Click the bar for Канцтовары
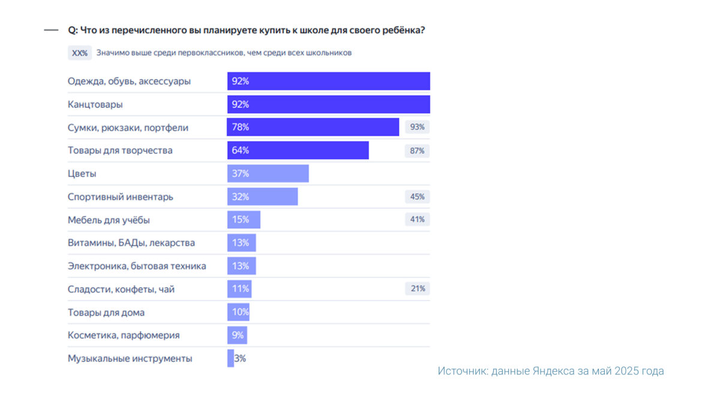click(329, 104)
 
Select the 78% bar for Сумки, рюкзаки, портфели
click(313, 127)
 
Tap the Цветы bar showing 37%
click(268, 173)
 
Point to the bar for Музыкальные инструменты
click(230, 359)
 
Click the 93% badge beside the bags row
click(417, 127)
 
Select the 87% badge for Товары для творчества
click(417, 151)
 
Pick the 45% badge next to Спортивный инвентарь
click(417, 197)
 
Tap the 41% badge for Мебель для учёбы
click(417, 219)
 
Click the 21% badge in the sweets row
click(417, 289)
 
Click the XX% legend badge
click(80, 53)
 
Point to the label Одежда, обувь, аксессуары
click(129, 81)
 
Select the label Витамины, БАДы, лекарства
click(131, 243)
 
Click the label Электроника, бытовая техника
click(137, 266)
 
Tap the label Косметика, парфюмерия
click(123, 335)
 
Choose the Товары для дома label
click(106, 312)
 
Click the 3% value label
click(240, 359)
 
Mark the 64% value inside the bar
click(240, 151)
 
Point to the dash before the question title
click(51, 30)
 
